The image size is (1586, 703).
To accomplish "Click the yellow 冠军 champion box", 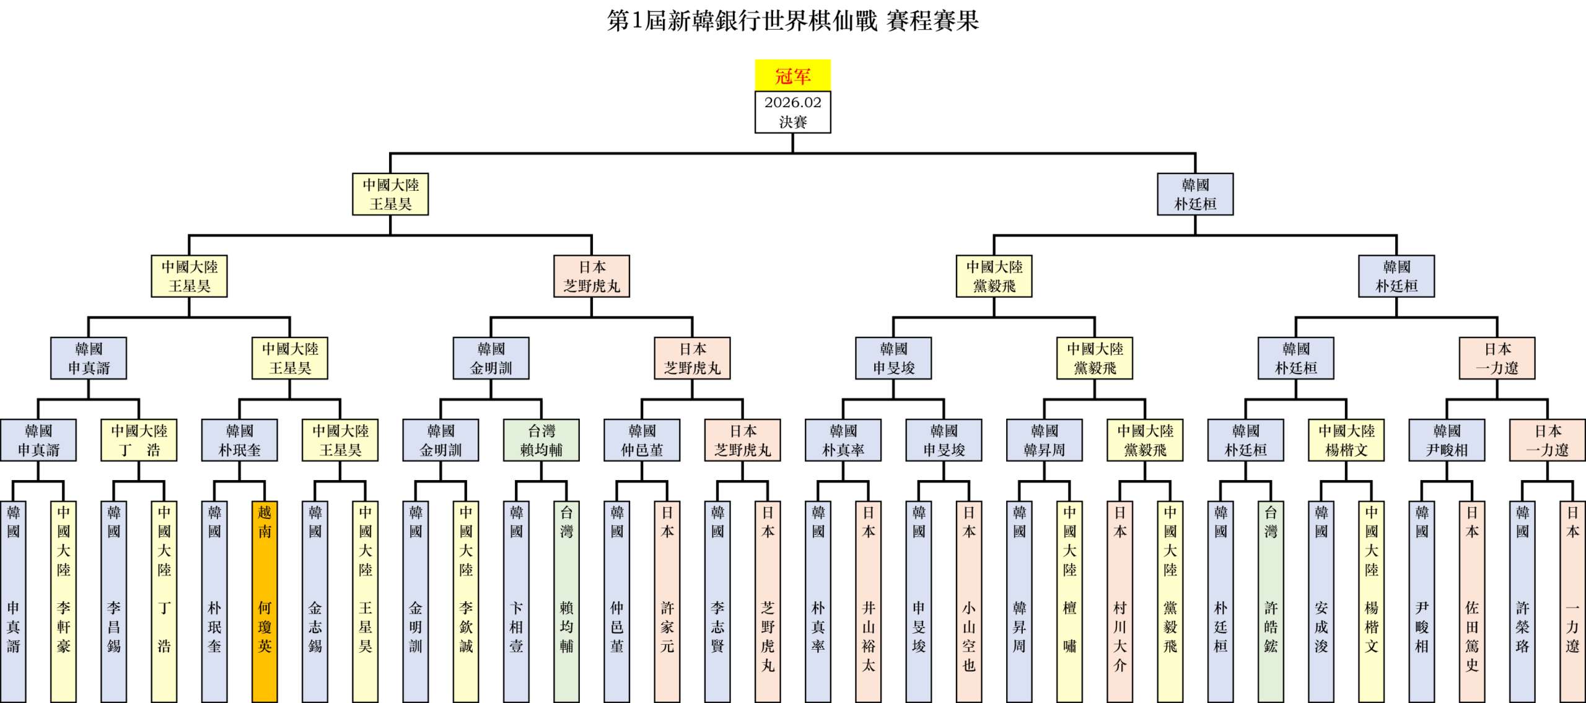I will pyautogui.click(x=792, y=76).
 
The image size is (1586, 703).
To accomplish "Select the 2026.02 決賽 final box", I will pyautogui.click(x=792, y=112).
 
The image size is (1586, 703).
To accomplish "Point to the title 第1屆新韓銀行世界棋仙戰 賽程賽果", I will pyautogui.click(x=792, y=21).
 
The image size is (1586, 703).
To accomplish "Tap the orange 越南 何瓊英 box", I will pyautogui.click(x=265, y=601).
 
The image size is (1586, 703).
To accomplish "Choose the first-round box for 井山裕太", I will pyautogui.click(x=868, y=601).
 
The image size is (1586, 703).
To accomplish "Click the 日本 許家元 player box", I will pyautogui.click(x=667, y=601).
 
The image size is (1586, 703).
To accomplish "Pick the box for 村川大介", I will pyautogui.click(x=1119, y=601).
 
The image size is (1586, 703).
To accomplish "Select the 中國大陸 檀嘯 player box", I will pyautogui.click(x=1069, y=601).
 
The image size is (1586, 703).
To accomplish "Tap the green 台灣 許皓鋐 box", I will pyautogui.click(x=1271, y=601).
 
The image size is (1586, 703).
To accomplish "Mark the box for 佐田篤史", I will pyautogui.click(x=1471, y=601).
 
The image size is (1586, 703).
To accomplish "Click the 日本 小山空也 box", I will pyautogui.click(x=968, y=601).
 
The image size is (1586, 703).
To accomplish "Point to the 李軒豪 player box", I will pyautogui.click(x=63, y=601).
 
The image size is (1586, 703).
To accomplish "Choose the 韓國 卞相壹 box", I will pyautogui.click(x=516, y=601).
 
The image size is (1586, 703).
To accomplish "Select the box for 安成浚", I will pyautogui.click(x=1321, y=601).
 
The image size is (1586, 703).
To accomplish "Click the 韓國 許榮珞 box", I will pyautogui.click(x=1522, y=601).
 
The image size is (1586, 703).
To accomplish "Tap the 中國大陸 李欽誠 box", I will pyautogui.click(x=466, y=601).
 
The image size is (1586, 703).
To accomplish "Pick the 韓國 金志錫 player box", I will pyautogui.click(x=315, y=601).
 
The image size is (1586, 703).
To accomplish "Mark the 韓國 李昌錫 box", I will pyautogui.click(x=113, y=601).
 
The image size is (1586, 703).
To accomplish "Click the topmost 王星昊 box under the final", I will pyautogui.click(x=390, y=194).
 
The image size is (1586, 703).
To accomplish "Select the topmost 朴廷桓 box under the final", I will pyautogui.click(x=1195, y=194).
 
